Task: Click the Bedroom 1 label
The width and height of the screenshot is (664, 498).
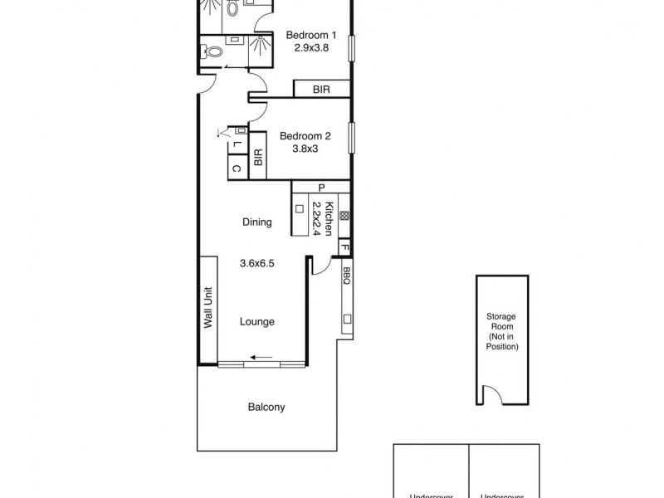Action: (x=311, y=36)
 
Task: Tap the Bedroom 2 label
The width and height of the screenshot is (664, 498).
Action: (x=305, y=137)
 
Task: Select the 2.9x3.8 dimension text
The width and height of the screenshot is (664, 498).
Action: (x=311, y=48)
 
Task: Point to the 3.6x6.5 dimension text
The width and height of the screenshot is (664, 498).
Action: (x=257, y=263)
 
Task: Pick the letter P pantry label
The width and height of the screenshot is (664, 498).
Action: (x=320, y=188)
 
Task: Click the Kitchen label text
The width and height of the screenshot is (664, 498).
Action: (x=330, y=217)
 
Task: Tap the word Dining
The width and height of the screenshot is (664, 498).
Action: (x=257, y=222)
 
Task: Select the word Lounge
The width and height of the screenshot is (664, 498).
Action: (x=257, y=322)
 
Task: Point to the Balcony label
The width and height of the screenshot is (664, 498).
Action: (x=266, y=408)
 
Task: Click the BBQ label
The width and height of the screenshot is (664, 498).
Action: (x=347, y=276)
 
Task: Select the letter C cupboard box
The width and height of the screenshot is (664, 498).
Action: (x=237, y=168)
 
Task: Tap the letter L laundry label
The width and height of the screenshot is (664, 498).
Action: (x=237, y=144)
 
